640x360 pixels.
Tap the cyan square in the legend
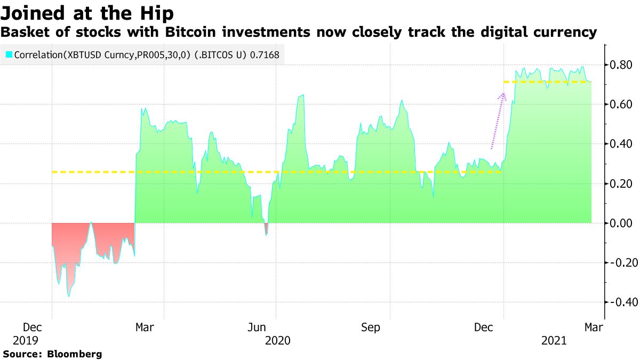[9, 54]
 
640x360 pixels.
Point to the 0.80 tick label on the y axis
[621, 65]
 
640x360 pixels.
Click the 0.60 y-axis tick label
[621, 104]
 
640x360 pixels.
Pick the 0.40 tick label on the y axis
[621, 144]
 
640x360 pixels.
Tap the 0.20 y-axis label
[621, 183]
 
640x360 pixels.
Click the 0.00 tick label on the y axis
[621, 223]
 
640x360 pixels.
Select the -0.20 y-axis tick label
[620, 262]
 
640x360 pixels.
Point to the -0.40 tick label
[620, 302]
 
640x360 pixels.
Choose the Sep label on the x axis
[370, 327]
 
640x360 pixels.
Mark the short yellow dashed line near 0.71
[547, 82]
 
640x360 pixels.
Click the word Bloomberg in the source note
[75, 354]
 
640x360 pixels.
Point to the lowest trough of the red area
[69, 296]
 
